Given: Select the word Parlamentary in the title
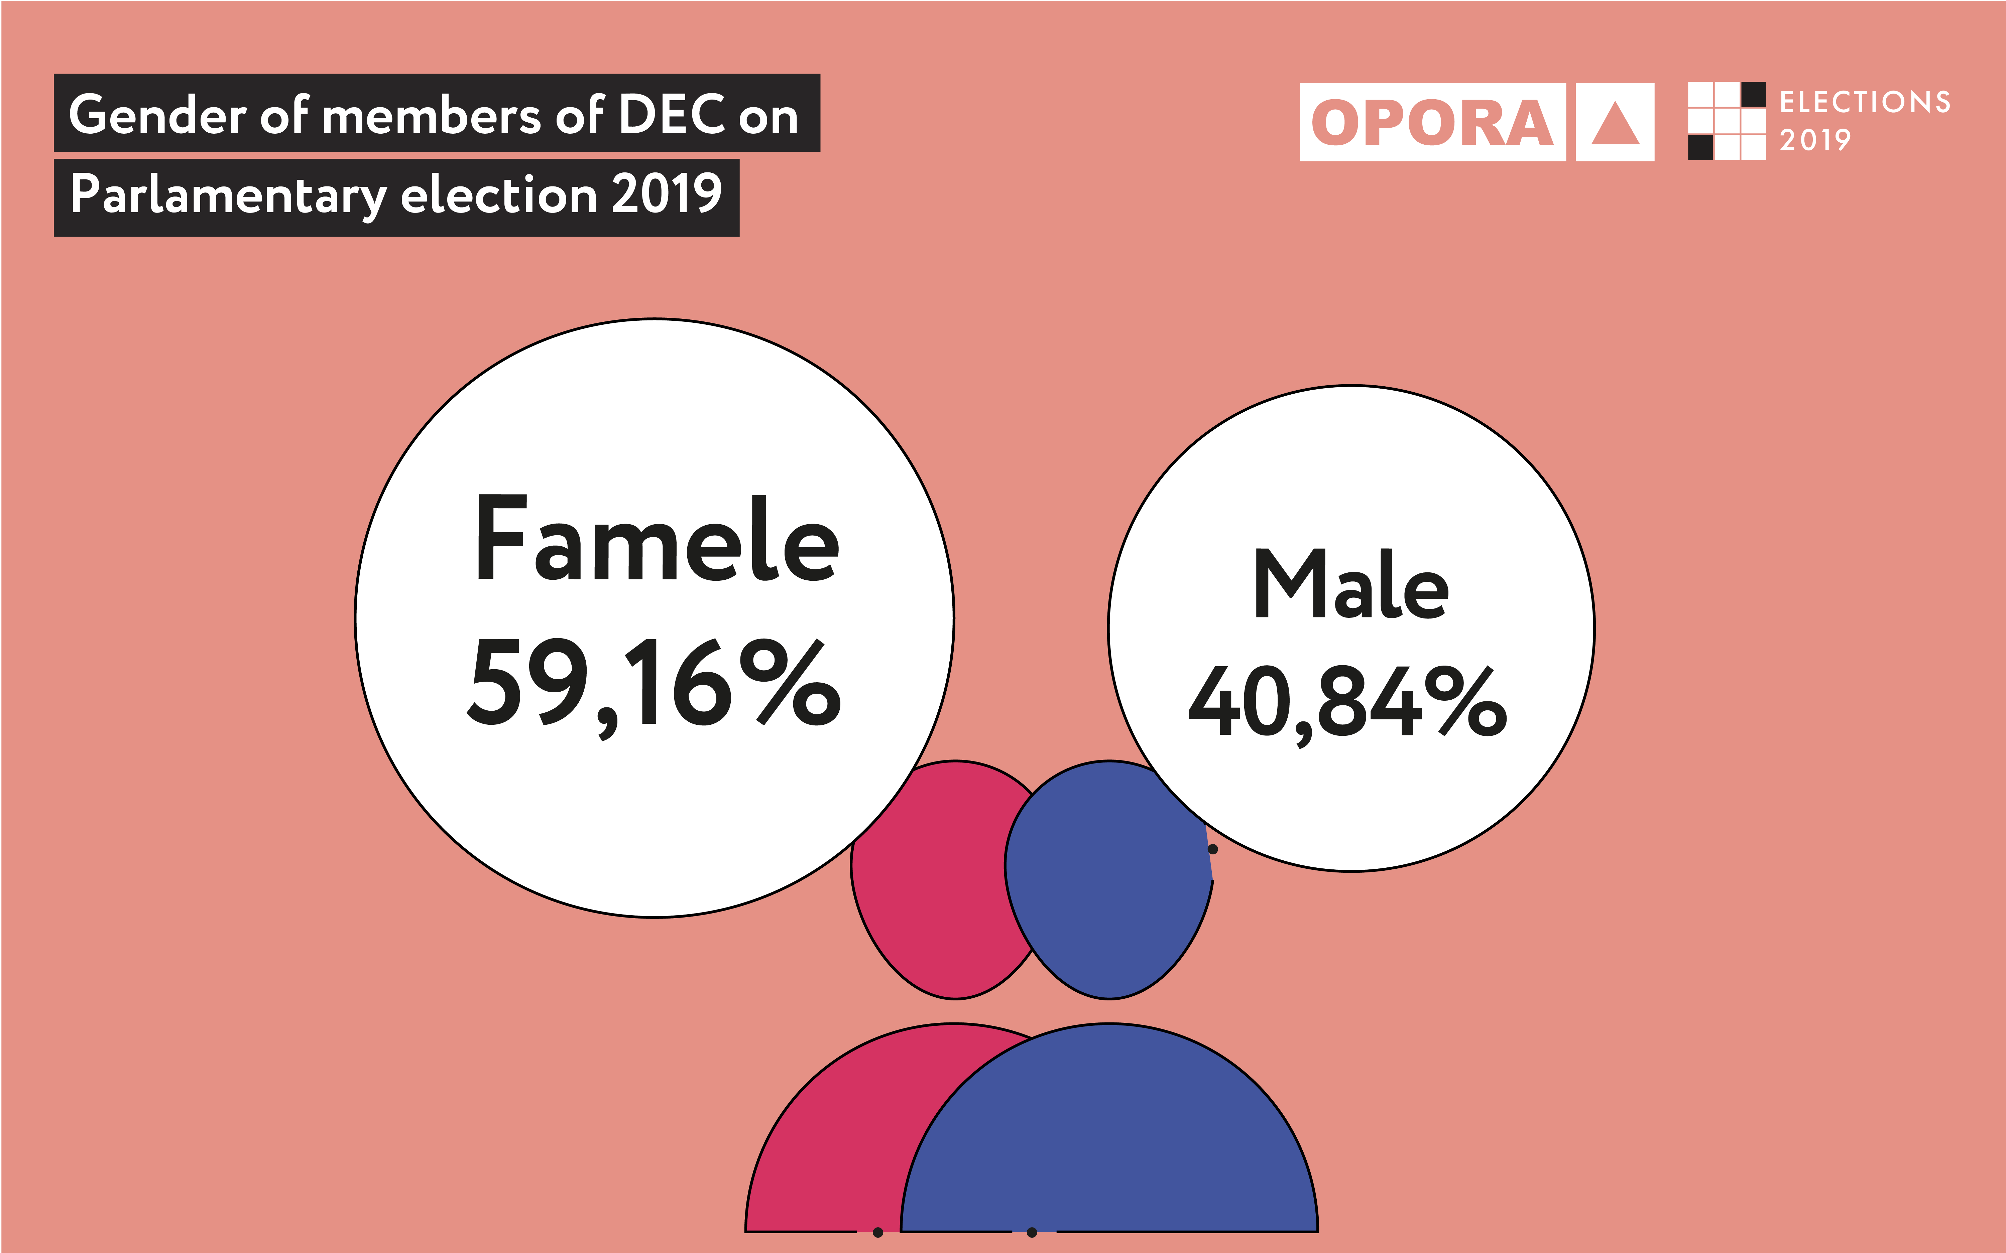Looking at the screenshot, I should tap(228, 195).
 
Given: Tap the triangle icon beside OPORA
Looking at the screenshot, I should tap(1615, 123).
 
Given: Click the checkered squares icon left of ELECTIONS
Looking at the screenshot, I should tap(1727, 121).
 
